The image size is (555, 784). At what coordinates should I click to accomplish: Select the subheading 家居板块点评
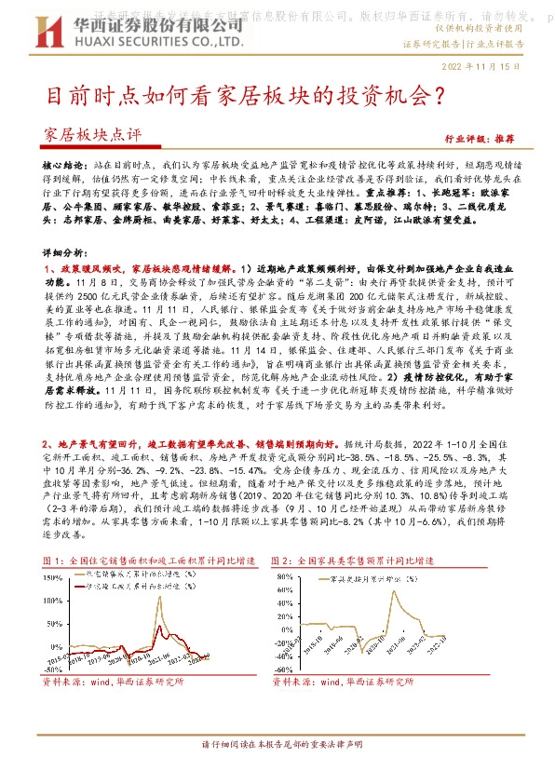pos(91,135)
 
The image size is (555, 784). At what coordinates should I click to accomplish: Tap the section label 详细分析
pos(63,252)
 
